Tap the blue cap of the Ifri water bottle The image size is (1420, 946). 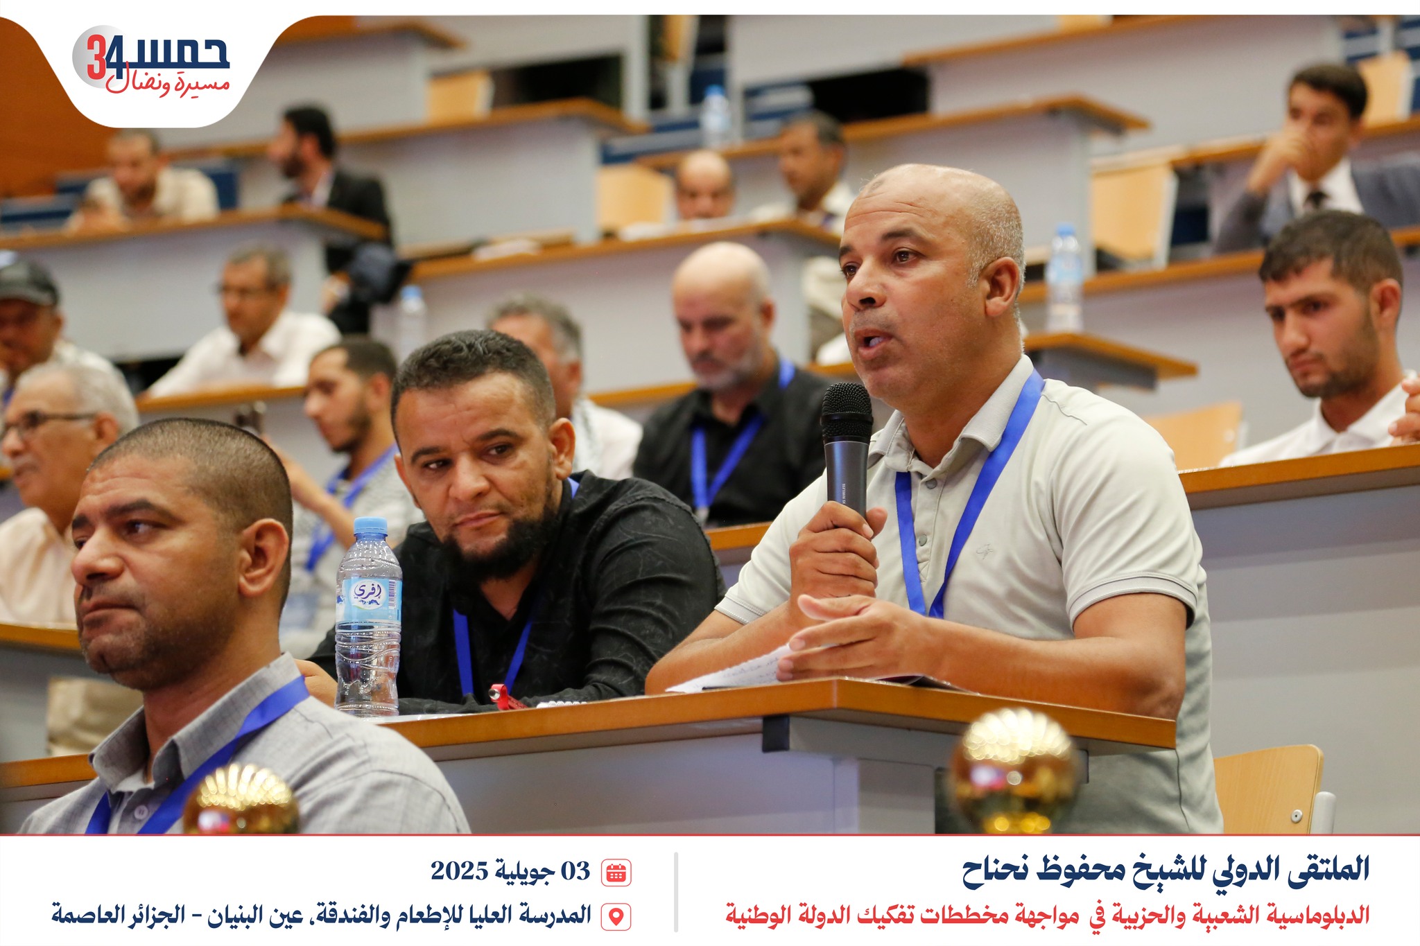point(370,527)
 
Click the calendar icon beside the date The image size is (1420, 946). point(616,873)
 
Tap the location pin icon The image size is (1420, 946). point(616,916)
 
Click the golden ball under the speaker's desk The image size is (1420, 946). point(1014,770)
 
